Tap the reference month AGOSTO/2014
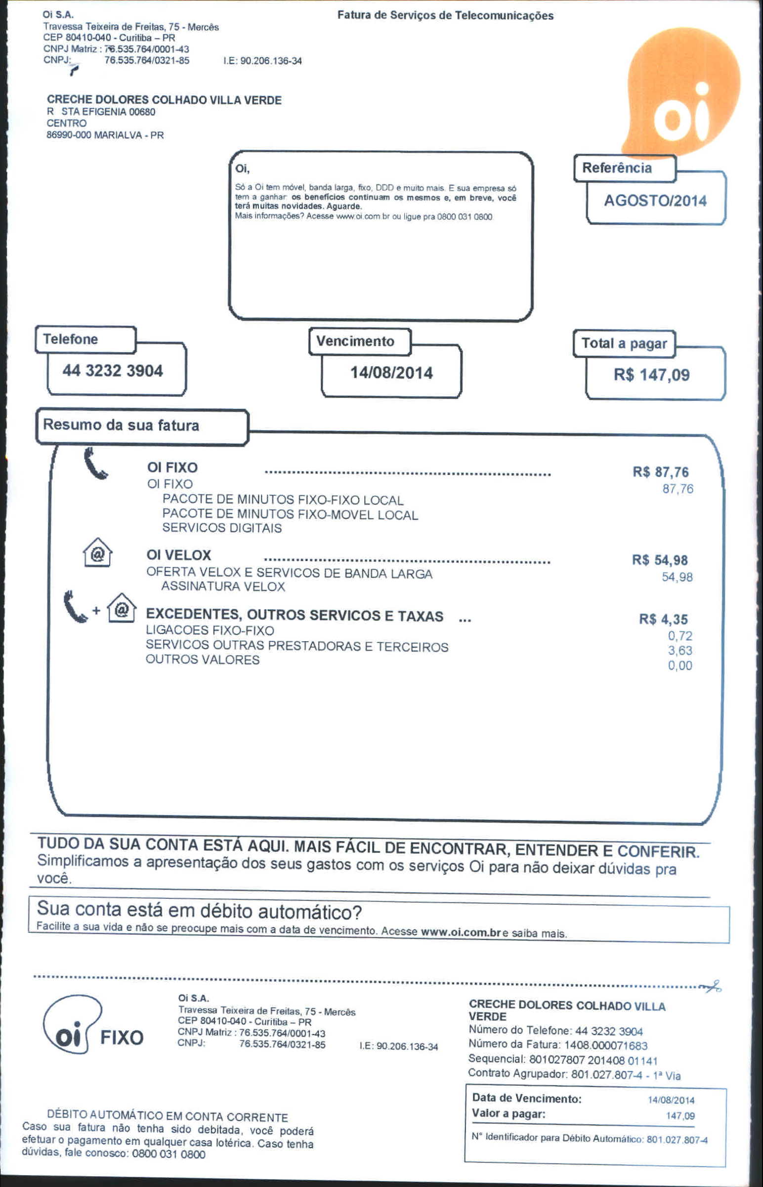click(x=655, y=201)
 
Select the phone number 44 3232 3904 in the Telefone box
click(x=113, y=371)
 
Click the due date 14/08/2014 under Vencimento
click(x=391, y=373)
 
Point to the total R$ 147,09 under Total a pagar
click(x=651, y=375)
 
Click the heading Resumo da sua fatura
click(x=121, y=425)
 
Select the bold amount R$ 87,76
click(x=660, y=472)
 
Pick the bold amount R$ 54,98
click(x=660, y=560)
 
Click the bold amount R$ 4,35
click(x=663, y=619)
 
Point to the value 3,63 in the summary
click(x=680, y=651)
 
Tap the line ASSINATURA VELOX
click(x=223, y=587)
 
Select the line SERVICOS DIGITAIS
click(x=222, y=528)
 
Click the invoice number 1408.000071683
click(x=606, y=1046)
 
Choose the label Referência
click(x=617, y=168)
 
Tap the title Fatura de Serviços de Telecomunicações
click(x=445, y=16)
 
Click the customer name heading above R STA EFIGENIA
click(x=164, y=100)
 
